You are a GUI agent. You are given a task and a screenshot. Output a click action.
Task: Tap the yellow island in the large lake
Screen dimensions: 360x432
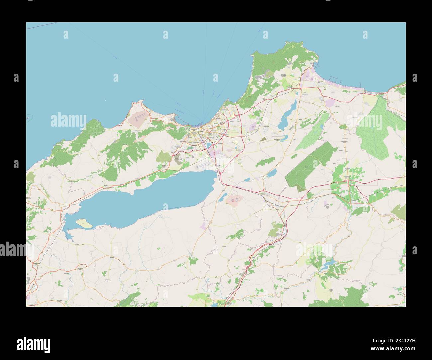[x=84, y=223]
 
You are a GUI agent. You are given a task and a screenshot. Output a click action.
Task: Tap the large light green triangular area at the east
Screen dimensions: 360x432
[x=374, y=130]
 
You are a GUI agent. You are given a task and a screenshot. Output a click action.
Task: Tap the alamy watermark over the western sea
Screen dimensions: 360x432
[x=68, y=120]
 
